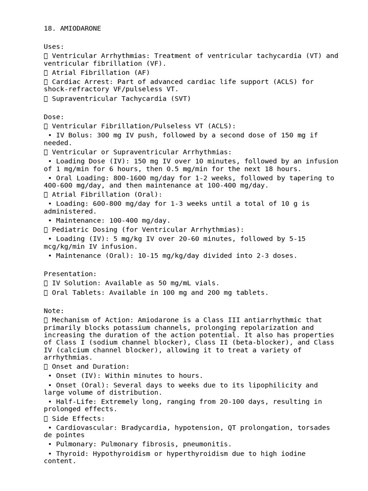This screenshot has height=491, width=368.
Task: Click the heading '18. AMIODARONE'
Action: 72,28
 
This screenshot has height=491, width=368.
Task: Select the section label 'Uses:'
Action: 54,47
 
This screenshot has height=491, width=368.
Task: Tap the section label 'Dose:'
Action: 54,117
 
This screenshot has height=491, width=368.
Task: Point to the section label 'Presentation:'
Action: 70,274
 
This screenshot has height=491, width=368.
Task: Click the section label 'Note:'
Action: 54,311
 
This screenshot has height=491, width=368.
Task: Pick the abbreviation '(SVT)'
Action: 181,99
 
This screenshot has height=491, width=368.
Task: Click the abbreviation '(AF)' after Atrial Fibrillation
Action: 142,72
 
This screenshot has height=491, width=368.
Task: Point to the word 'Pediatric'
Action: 70,230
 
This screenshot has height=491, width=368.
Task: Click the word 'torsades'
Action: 314,428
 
